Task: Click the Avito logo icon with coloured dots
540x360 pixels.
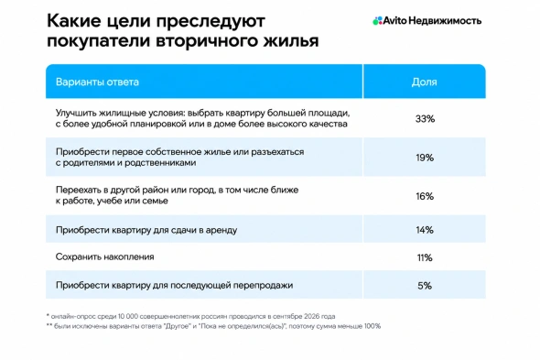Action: [377, 21]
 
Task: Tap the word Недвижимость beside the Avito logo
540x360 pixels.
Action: [445, 21]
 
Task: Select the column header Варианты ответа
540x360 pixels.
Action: [97, 82]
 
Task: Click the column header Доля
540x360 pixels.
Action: [425, 82]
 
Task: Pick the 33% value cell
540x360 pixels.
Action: [425, 118]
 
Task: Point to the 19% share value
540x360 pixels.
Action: [425, 158]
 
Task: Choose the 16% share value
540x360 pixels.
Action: [425, 196]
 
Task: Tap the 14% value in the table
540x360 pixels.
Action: [425, 230]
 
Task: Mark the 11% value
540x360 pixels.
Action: [425, 257]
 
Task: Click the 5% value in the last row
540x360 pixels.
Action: [425, 286]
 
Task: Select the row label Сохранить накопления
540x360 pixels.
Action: [104, 256]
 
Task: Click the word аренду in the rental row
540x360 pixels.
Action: [221, 230]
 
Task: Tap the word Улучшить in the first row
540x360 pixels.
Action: [76, 113]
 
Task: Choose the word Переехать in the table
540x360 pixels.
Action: [78, 190]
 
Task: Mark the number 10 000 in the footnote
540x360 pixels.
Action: [128, 316]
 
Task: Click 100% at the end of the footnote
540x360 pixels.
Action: [373, 326]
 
